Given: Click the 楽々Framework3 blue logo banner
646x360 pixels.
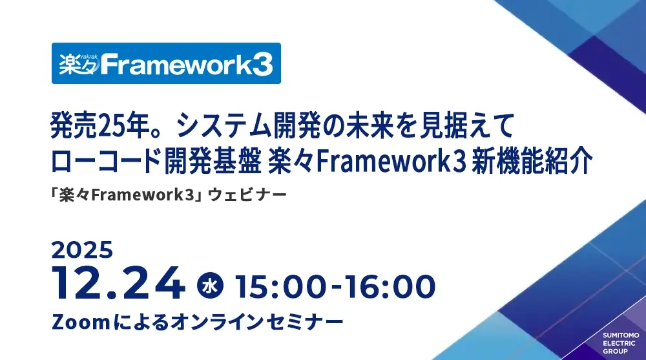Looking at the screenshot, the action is pyautogui.click(x=166, y=63).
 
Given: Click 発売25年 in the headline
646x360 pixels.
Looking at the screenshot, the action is pyautogui.click(x=99, y=125).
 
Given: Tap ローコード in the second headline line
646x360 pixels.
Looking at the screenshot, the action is pyautogui.click(x=105, y=161).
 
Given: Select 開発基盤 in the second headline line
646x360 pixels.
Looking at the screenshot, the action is pyautogui.click(x=213, y=161).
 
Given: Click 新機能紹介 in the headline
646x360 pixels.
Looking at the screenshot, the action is pyautogui.click(x=532, y=161).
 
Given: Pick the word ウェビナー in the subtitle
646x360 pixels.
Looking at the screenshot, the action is pyautogui.click(x=247, y=195).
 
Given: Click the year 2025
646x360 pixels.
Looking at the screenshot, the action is pyautogui.click(x=83, y=250).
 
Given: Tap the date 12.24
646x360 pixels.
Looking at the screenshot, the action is pyautogui.click(x=118, y=283).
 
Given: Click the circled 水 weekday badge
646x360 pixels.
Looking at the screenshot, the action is pyautogui.click(x=210, y=286).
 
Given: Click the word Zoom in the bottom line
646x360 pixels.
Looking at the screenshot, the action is pyautogui.click(x=81, y=322).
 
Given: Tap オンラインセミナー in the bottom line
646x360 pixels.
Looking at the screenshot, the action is pyautogui.click(x=256, y=322).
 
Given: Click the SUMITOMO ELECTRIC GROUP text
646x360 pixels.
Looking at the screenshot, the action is pyautogui.click(x=621, y=343).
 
